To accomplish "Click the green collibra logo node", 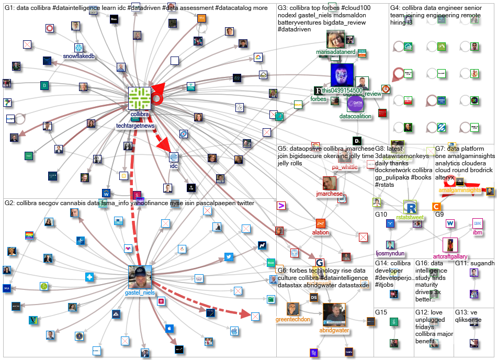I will tap(140, 98).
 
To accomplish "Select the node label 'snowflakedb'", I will tap(79, 56).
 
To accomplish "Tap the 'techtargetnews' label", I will tap(136, 126).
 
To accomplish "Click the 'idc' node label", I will tap(174, 166).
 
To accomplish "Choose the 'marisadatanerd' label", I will tap(335, 53).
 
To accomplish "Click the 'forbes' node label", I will tap(318, 99).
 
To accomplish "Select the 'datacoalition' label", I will tap(355, 116).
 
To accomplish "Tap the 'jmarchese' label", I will tap(329, 194).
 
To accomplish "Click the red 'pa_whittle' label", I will tap(345, 167).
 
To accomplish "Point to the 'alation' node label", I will tap(321, 233).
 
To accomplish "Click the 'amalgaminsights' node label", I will tap(460, 191).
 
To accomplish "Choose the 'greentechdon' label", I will tap(292, 319).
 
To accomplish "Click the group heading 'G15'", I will tap(381, 312).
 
